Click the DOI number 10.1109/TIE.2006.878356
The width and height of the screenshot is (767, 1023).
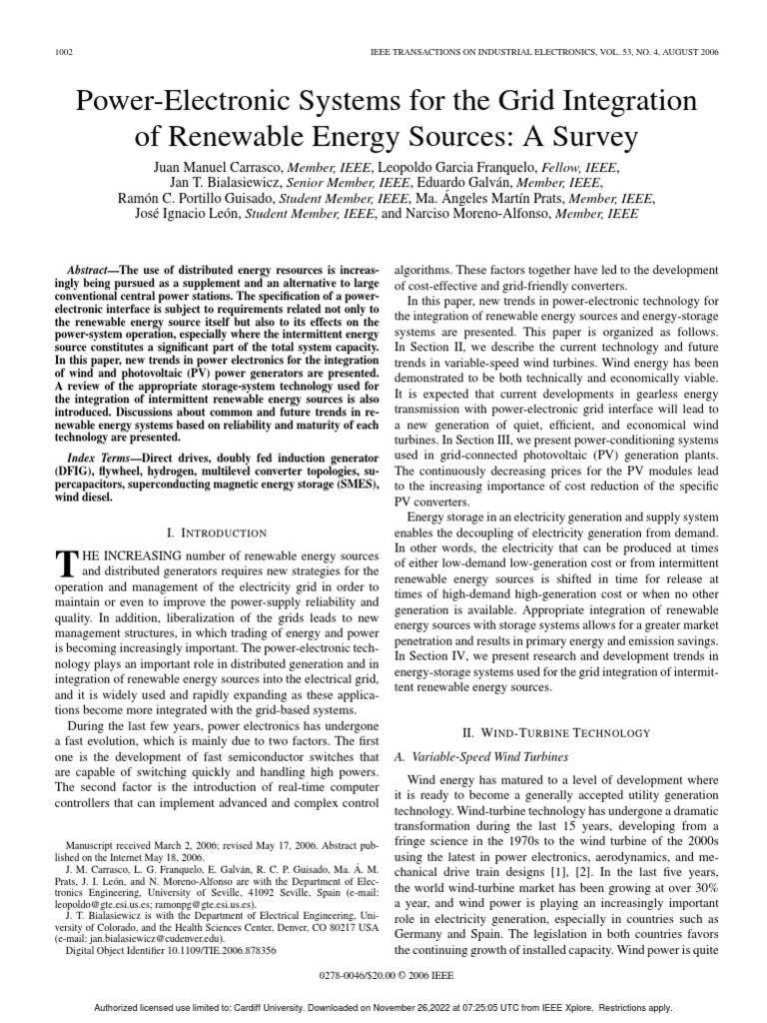click(233, 950)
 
